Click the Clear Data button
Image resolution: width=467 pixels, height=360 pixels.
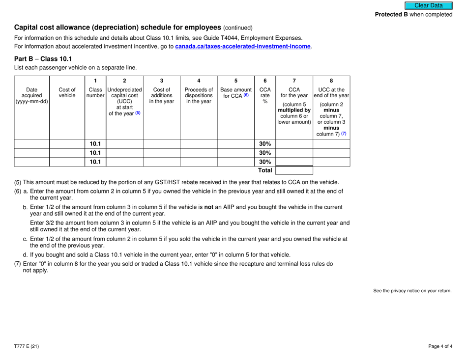click(428, 5)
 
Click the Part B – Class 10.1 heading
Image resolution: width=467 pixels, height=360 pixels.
click(43, 59)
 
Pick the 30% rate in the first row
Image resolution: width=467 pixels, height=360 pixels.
click(265, 144)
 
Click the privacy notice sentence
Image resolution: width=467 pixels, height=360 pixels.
click(412, 291)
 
